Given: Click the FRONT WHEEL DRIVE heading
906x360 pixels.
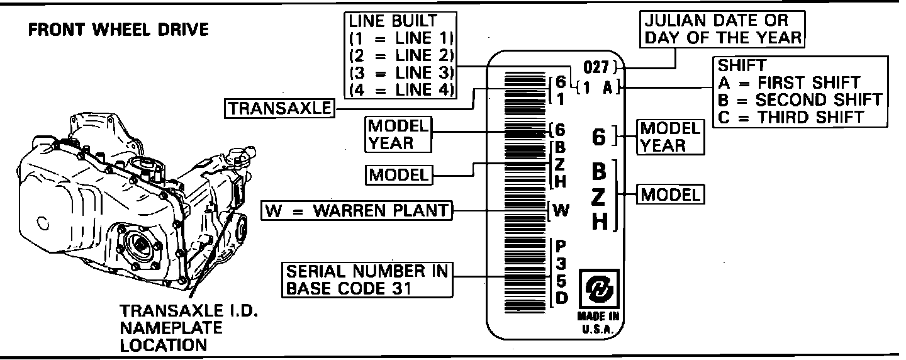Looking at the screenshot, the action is tap(119, 30).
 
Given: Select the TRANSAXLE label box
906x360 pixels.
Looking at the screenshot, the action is tap(279, 108).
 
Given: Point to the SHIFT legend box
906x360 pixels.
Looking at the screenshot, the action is tap(800, 91).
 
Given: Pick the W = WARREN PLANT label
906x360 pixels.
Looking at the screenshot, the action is tap(357, 210).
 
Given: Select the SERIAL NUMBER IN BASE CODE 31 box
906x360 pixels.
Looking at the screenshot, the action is tap(367, 279).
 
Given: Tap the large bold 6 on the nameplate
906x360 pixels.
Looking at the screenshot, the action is tap(599, 137).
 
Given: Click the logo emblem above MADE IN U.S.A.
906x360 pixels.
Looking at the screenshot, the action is tap(599, 289).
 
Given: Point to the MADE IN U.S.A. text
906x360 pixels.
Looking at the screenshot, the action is tap(599, 322).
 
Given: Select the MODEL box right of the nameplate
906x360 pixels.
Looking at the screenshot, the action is tap(670, 194).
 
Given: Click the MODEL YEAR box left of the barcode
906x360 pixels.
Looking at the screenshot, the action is tap(398, 135).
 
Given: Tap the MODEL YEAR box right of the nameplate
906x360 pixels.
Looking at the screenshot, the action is tap(669, 137).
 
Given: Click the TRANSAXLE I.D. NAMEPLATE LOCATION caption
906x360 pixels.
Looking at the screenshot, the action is tap(181, 328).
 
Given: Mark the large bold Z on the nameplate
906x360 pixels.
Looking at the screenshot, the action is tap(599, 197).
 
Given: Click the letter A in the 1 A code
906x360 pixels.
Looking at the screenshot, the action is tap(607, 88).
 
